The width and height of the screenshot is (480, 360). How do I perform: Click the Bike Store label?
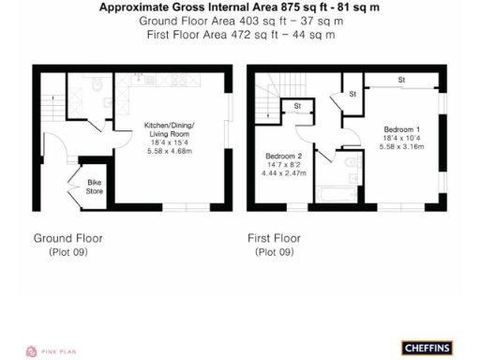[x=95, y=187]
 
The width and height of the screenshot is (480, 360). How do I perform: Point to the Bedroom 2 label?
[x=284, y=156]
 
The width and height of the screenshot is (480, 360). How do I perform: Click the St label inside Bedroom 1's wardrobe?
[x=400, y=79]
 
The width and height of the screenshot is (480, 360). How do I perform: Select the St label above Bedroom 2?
[x=297, y=106]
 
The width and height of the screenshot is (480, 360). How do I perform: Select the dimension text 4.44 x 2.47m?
[x=284, y=173]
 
